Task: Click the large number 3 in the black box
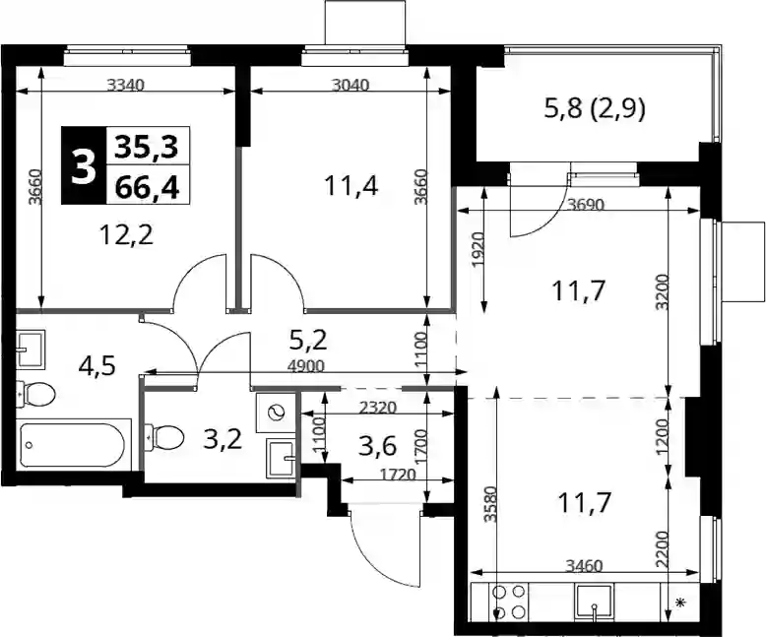click(x=84, y=165)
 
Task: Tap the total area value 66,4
click(x=147, y=187)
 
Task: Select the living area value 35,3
click(x=147, y=146)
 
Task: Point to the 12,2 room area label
click(x=126, y=235)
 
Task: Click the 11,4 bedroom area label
click(x=351, y=186)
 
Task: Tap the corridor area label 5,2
click(x=308, y=340)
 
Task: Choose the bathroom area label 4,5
click(x=97, y=365)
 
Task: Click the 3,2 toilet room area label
click(x=223, y=440)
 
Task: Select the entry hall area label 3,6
click(x=377, y=446)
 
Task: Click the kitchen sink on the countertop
click(x=594, y=603)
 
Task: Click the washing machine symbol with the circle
click(x=275, y=413)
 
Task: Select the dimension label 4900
click(x=306, y=366)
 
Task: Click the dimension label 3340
click(x=126, y=85)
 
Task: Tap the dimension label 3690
click(x=586, y=204)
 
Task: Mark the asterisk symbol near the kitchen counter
click(x=679, y=603)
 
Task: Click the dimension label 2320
click(x=377, y=407)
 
